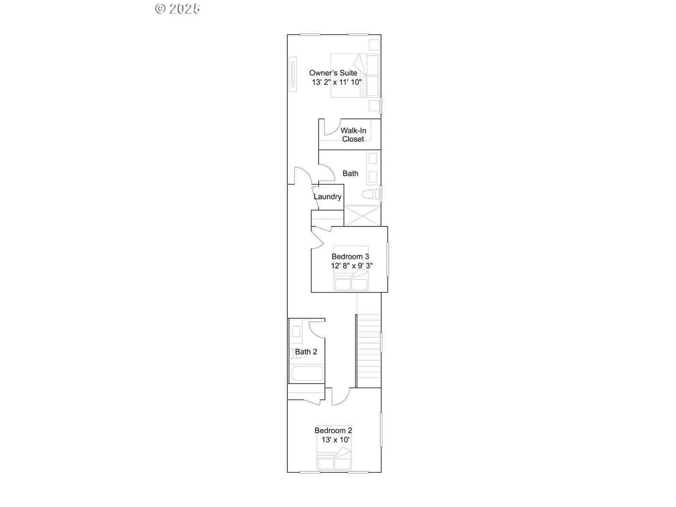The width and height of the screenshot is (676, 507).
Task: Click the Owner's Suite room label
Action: pos(333,73)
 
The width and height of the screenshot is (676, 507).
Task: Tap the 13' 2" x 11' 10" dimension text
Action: pos(337,82)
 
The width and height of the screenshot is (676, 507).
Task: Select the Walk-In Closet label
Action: pos(353,135)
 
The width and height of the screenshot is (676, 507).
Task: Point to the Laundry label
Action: pos(327,197)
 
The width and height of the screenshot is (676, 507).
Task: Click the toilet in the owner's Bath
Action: pos(371,194)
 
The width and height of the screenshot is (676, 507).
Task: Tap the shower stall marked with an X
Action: pos(362,215)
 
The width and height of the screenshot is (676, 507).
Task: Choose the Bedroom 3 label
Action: pos(350,256)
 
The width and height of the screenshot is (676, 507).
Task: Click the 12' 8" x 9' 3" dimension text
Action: pos(352,266)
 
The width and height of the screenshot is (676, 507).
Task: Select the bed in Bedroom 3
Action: pos(351,268)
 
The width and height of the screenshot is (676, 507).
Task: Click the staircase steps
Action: pos(369,351)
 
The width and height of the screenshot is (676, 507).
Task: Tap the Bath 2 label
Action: pos(306,352)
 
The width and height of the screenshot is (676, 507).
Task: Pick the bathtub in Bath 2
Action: pos(307,373)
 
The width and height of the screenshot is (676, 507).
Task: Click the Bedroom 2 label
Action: pos(333,431)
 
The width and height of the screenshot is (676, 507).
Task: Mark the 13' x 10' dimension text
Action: pos(335,439)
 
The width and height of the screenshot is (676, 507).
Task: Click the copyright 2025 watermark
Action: pos(177,8)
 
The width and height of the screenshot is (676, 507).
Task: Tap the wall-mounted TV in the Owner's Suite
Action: pos(292,74)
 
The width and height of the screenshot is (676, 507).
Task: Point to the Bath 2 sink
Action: pos(296,332)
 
